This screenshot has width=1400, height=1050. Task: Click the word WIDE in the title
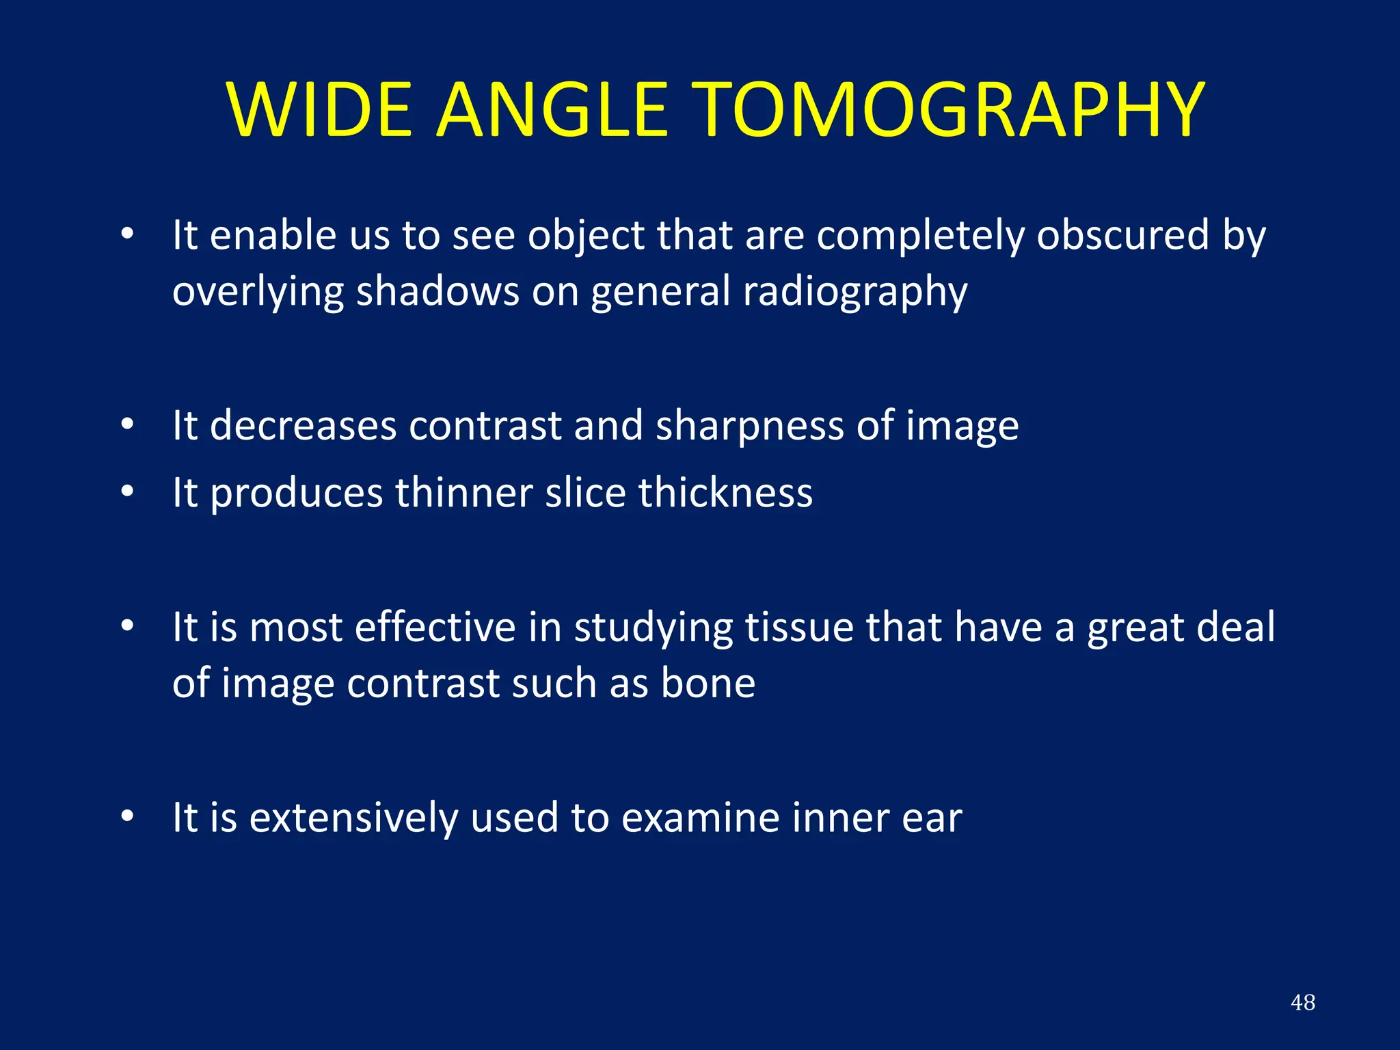coord(320,111)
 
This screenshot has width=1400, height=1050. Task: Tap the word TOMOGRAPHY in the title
coord(950,111)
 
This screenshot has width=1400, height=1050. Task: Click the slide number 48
coord(1302,1002)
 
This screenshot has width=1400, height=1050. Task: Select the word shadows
coord(437,291)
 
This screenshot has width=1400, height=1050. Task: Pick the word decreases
coord(303,426)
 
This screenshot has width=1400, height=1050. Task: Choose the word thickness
coord(725,493)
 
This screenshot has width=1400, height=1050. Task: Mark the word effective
coord(435,628)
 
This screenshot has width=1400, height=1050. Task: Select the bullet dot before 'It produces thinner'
coord(127,492)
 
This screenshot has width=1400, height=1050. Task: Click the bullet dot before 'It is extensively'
coord(127,816)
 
